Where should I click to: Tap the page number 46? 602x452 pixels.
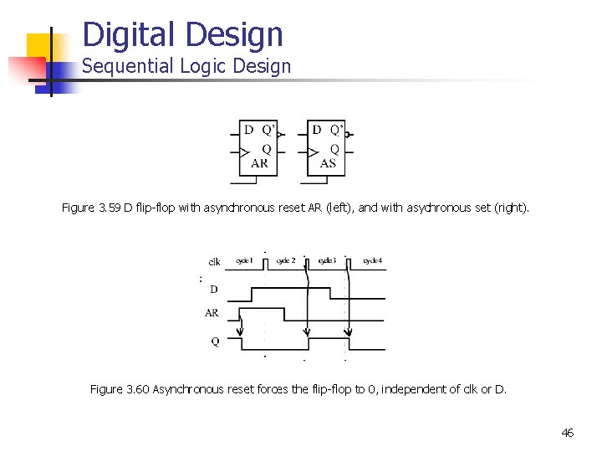point(568,433)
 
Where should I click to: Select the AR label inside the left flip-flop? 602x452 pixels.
point(259,163)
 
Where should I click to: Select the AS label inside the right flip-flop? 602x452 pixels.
point(328,163)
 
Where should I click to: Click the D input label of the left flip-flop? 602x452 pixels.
point(248,130)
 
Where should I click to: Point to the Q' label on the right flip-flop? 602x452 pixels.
point(335,130)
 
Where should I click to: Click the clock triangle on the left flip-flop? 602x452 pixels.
point(244,152)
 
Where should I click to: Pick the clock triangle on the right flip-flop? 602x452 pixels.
point(313,152)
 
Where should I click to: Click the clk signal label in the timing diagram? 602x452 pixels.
point(215,262)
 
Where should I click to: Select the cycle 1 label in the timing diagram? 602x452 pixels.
point(245,261)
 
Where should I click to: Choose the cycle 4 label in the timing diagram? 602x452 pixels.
point(373,261)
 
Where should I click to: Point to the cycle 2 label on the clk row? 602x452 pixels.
point(286,261)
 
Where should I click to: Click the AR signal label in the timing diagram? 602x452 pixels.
point(212,313)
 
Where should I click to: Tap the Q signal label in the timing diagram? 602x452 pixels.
point(215,342)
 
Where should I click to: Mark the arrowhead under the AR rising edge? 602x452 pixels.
point(241,343)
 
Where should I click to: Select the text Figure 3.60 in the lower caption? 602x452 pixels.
point(118,389)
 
